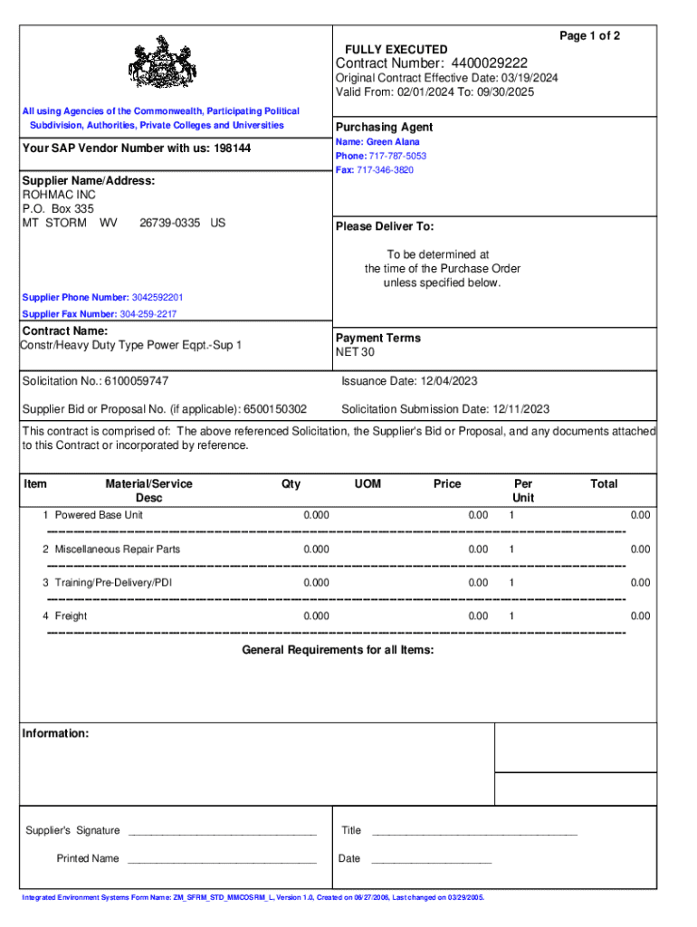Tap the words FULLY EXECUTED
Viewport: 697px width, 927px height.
pyautogui.click(x=396, y=49)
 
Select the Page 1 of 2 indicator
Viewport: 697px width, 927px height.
pyautogui.click(x=589, y=35)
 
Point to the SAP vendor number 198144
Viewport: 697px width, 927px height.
pyautogui.click(x=232, y=148)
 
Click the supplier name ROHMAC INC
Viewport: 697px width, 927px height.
pyautogui.click(x=59, y=195)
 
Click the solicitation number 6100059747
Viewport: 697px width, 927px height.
pyautogui.click(x=136, y=382)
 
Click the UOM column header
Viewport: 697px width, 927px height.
pyautogui.click(x=368, y=484)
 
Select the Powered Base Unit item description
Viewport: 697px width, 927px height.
pyautogui.click(x=99, y=515)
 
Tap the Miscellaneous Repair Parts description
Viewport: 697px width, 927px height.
pyautogui.click(x=117, y=549)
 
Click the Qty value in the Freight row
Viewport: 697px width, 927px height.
pyautogui.click(x=317, y=616)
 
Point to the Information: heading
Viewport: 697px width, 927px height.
pyautogui.click(x=55, y=733)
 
